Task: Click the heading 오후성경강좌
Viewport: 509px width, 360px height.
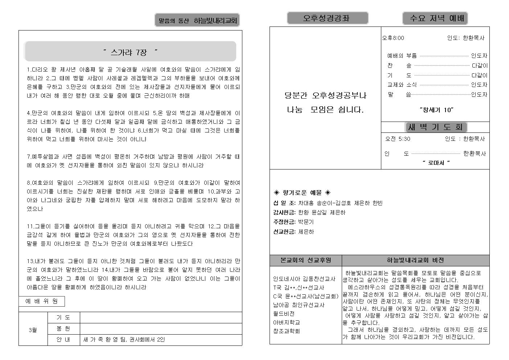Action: (x=327, y=18)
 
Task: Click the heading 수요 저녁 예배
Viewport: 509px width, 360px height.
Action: (x=435, y=18)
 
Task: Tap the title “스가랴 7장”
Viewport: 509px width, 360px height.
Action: (x=130, y=52)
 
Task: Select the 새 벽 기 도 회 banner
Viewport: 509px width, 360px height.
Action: (x=436, y=127)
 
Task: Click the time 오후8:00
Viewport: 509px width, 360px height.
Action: (x=393, y=38)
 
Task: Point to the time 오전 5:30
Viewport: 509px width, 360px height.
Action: (x=398, y=139)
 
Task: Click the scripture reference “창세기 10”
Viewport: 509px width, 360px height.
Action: (x=436, y=110)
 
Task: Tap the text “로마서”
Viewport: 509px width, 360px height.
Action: (x=436, y=163)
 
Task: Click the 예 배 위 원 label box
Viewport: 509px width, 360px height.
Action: (x=42, y=301)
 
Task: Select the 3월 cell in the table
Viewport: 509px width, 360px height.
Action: (x=33, y=330)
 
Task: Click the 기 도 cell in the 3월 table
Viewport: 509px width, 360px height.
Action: (x=63, y=318)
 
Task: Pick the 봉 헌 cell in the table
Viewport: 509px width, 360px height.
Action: (x=63, y=329)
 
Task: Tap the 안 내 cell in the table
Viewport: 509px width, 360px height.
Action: (x=63, y=340)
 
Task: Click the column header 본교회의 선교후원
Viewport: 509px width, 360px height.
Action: (x=305, y=260)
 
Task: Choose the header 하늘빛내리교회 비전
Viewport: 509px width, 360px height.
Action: (x=415, y=260)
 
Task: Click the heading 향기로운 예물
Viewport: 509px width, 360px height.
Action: (x=302, y=193)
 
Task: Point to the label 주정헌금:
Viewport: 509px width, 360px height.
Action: (x=284, y=222)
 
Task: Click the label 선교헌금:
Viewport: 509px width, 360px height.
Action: (x=284, y=232)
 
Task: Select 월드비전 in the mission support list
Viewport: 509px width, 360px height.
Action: (x=284, y=314)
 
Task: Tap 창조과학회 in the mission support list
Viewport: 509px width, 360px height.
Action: (x=286, y=331)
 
